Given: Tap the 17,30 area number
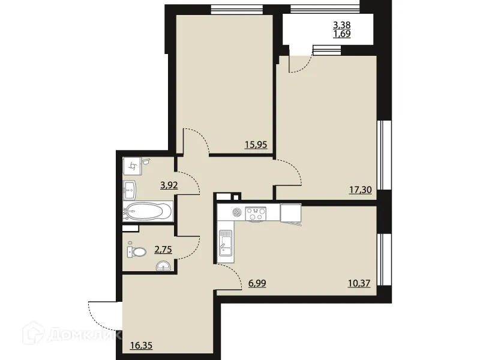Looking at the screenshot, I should coord(359,190).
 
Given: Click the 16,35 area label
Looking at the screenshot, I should coord(140,345).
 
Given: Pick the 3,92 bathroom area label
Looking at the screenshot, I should coord(169,185).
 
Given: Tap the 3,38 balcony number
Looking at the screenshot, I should coord(343,25).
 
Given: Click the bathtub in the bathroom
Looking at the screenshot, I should coord(148,211).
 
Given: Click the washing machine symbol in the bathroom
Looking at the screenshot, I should coord(133,165).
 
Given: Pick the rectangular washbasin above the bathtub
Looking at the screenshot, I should coord(131,190).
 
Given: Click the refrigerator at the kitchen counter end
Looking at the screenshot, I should coord(290,212).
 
